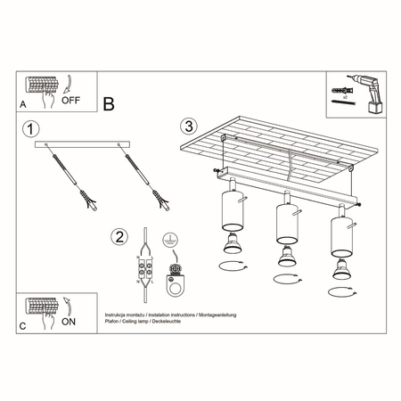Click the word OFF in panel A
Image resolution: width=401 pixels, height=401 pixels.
(x=72, y=101)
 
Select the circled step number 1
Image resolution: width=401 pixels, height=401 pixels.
(x=32, y=129)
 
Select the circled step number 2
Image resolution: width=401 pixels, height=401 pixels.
(x=117, y=237)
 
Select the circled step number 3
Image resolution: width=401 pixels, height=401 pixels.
(x=187, y=126)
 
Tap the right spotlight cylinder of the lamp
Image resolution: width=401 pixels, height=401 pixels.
(x=340, y=235)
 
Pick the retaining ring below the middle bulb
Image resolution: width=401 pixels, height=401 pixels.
(x=286, y=280)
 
